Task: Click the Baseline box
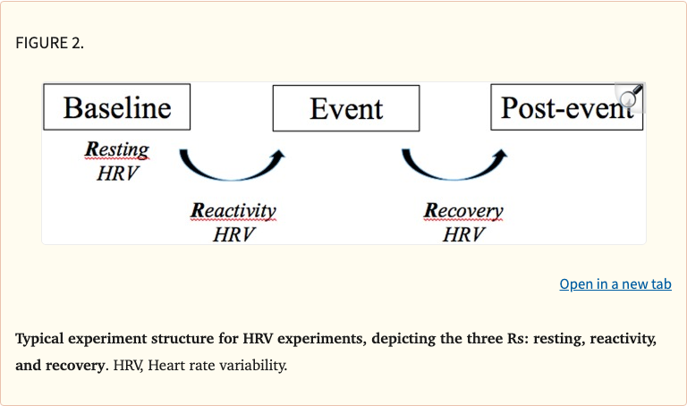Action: pos(117,107)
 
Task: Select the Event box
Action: pos(346,108)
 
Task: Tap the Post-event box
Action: pos(565,107)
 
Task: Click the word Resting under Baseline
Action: pos(117,149)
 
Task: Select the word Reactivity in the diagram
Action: pos(234,211)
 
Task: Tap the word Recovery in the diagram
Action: pos(463,211)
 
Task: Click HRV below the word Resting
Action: pos(117,173)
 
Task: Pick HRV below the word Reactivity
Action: pos(234,234)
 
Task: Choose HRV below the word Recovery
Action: pos(463,234)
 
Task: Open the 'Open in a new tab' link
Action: pos(615,284)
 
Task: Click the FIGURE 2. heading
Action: pos(50,43)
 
